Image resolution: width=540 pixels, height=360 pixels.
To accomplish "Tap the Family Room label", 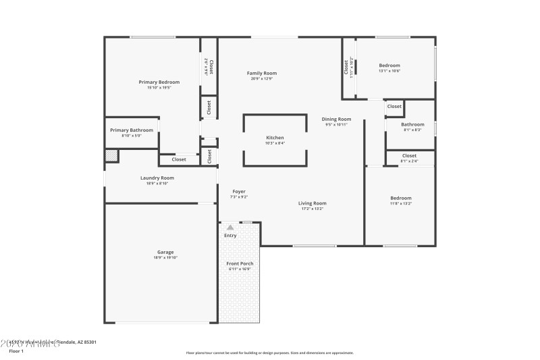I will [261, 73].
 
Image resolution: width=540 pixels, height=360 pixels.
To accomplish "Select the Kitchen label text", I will [275, 137].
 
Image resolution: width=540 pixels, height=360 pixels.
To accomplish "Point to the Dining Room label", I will [336, 119].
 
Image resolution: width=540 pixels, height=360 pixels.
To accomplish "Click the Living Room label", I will [313, 203].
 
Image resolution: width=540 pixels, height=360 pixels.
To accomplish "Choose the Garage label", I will [165, 252].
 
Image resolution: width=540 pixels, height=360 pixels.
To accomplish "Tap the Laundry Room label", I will [157, 178].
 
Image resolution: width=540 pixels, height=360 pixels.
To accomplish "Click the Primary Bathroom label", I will [132, 130].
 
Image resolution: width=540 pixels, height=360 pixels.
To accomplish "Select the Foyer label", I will [239, 191].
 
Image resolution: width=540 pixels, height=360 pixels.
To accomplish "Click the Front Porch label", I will [239, 263].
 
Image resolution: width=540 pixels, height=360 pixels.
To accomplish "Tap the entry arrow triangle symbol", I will [230, 227].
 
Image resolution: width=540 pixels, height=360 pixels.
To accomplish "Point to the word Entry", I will [230, 235].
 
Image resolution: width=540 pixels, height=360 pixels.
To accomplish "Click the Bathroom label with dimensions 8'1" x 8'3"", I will [412, 124].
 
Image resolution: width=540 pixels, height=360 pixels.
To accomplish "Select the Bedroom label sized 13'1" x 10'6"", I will [389, 65].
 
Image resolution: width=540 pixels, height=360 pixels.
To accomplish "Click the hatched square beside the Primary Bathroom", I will [111, 156].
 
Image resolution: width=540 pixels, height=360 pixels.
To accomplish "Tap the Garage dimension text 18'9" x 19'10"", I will [165, 257].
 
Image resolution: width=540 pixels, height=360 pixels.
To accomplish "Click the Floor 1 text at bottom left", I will [16, 351].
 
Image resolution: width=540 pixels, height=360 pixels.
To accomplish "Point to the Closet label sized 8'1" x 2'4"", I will [409, 155].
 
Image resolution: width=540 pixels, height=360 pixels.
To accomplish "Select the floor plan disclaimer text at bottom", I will [269, 353].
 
